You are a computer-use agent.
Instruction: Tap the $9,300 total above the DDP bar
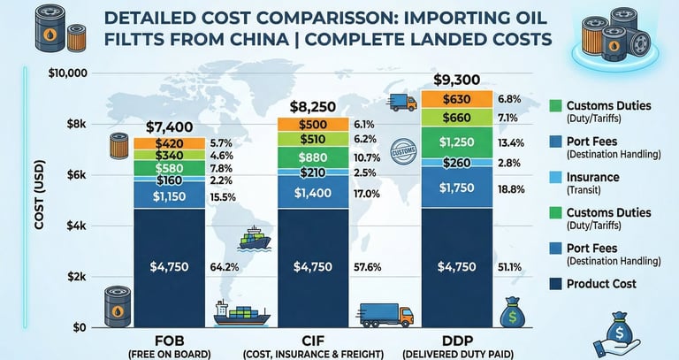[456, 79]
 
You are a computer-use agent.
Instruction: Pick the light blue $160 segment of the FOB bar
[169, 180]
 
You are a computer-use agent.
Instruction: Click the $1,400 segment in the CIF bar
[312, 193]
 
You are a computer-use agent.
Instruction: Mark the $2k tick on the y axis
[73, 277]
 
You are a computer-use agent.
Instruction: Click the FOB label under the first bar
[169, 340]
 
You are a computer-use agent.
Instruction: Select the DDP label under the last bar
[456, 340]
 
